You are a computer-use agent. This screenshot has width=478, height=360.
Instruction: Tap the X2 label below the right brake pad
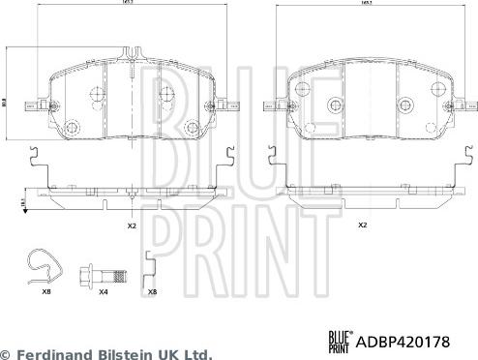[363, 225]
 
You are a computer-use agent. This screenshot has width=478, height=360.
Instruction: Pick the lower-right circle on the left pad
[192, 123]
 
